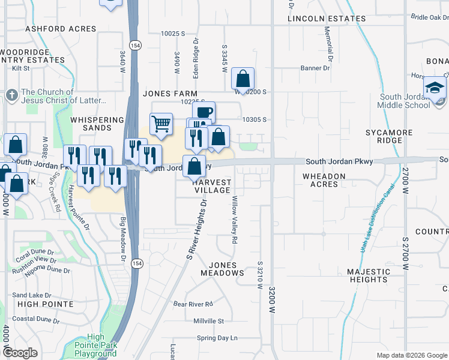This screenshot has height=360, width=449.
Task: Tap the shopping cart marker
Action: click(161, 124)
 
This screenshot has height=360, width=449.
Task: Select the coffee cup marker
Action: click(203, 112)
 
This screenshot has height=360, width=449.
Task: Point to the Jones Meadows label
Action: click(223, 269)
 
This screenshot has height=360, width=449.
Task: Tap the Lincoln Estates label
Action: click(327, 19)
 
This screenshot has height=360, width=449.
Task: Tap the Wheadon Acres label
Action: click(324, 180)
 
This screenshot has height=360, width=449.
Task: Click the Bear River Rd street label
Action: click(193, 304)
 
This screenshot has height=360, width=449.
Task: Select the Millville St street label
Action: click(208, 322)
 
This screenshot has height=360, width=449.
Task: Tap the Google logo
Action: click(20, 353)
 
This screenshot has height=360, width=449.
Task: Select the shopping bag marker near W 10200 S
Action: click(243, 79)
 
